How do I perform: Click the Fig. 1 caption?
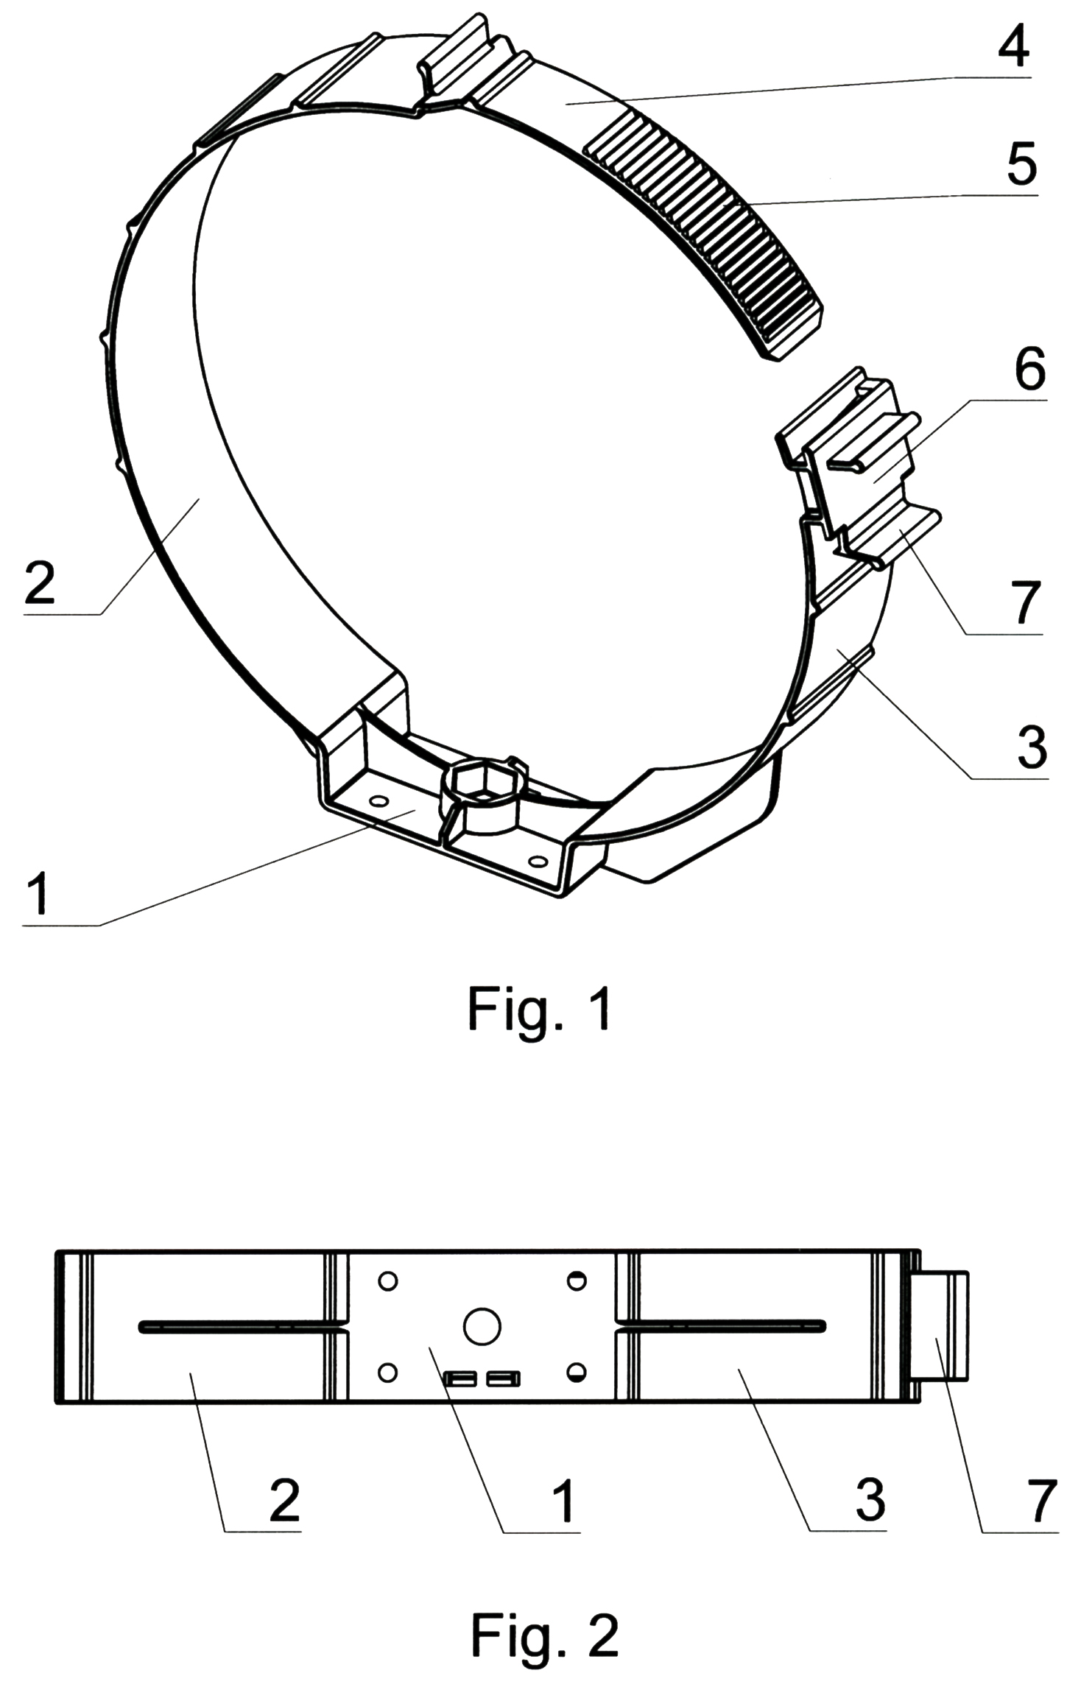[x=540, y=1010]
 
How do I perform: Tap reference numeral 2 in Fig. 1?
[x=40, y=580]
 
